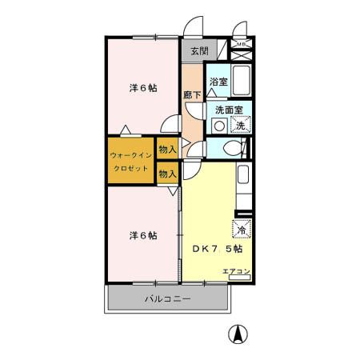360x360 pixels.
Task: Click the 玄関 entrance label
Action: [x=199, y=52]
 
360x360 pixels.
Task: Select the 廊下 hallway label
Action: [x=192, y=94]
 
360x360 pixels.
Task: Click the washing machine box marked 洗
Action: [x=240, y=125]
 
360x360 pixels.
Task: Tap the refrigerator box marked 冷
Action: [x=241, y=229]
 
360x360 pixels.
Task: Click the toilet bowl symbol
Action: [x=232, y=147]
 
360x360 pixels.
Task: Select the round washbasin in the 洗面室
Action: [x=218, y=126]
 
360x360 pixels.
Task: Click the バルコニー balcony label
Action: [x=167, y=299]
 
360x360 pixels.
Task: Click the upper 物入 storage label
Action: [x=167, y=149]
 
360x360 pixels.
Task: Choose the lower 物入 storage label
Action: [x=167, y=173]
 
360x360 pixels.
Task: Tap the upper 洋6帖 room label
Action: [x=142, y=88]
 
